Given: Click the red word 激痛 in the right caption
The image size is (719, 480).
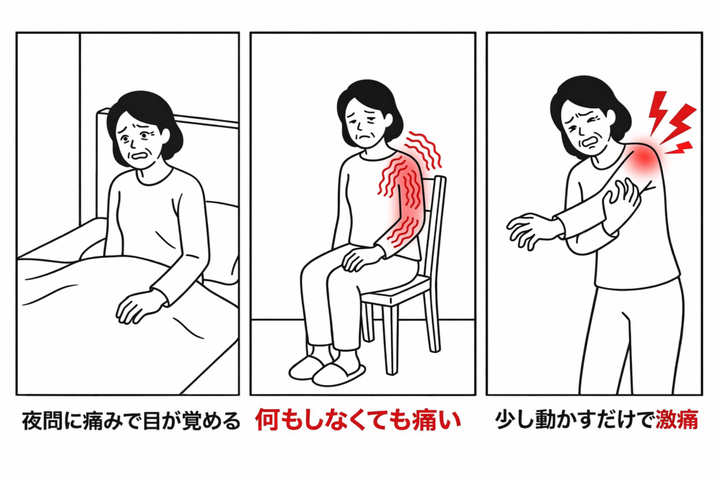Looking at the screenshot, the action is click(677, 420).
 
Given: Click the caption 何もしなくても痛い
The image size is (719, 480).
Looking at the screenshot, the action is click(358, 420).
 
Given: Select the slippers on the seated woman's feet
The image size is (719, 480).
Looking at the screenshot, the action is click(327, 370).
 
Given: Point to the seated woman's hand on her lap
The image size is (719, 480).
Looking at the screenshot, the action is click(362, 257).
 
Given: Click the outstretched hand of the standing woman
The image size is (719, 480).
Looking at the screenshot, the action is click(532, 230).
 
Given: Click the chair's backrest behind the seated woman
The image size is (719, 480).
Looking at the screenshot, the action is click(434, 220).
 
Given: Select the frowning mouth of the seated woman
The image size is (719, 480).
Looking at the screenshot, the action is click(363, 136).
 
